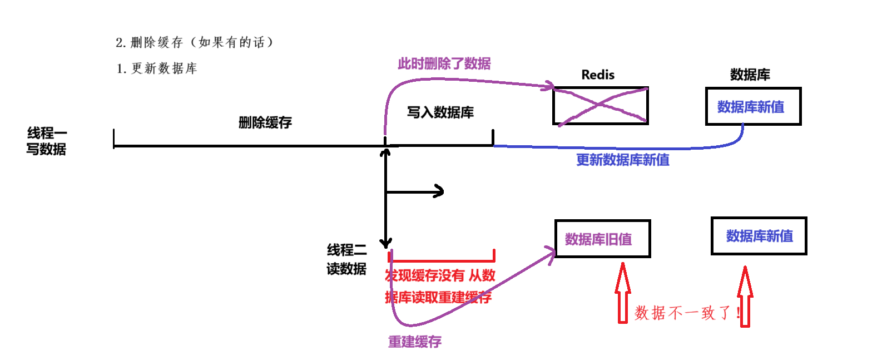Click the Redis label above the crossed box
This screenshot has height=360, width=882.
[598, 75]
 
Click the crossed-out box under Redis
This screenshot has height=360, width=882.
[601, 106]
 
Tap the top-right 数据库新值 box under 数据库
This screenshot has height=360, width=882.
[753, 106]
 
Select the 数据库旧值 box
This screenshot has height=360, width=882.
[602, 239]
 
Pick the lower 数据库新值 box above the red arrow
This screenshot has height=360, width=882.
[759, 236]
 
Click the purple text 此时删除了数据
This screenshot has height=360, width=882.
[444, 63]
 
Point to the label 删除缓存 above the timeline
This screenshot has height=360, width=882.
[265, 122]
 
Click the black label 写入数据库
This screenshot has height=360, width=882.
[440, 112]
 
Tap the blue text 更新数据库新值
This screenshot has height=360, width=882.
[622, 160]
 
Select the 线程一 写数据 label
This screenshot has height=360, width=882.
[47, 141]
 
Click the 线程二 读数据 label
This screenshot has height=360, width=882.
[346, 259]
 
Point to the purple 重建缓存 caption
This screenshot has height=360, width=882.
[414, 342]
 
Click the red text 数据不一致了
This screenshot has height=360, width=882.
[687, 313]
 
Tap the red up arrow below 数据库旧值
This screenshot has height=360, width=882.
[623, 293]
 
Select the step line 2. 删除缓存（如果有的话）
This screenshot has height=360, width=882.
[194, 42]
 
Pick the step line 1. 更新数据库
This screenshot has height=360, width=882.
[157, 68]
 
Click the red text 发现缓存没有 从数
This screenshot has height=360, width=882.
[440, 275]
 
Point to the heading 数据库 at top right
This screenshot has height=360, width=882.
[750, 75]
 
